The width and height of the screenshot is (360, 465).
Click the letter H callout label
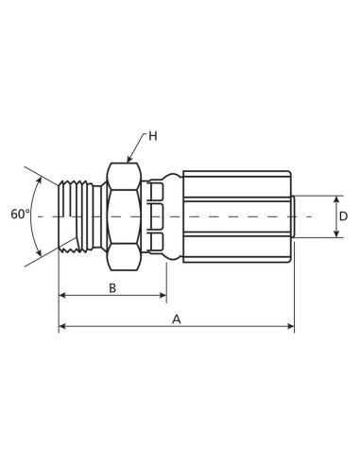(x=152, y=136)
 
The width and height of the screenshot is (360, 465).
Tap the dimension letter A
(x=176, y=319)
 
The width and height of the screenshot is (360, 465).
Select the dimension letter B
(x=111, y=287)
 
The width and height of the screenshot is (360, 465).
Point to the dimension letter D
(x=343, y=216)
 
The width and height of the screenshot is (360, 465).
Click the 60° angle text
(x=21, y=215)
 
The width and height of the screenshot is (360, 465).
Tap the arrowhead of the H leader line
(x=129, y=161)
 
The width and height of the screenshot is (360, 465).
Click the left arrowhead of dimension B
(x=62, y=296)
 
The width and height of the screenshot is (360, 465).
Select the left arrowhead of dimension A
(x=62, y=327)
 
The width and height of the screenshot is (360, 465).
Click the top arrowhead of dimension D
(x=336, y=199)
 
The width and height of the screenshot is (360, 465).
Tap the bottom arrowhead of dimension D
(x=336, y=233)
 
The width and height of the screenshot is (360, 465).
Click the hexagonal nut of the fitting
(x=124, y=216)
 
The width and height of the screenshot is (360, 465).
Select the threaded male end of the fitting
(x=77, y=216)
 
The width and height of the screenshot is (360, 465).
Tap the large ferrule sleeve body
(x=236, y=216)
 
